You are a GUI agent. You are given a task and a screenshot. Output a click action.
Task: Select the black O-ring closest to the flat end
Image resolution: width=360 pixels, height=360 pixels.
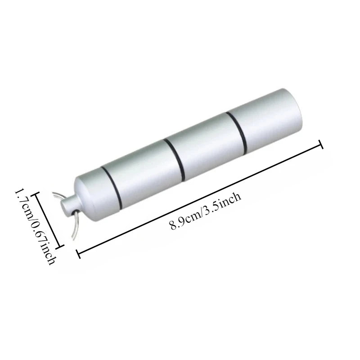237,132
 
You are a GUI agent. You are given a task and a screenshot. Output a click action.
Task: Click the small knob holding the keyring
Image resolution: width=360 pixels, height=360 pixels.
68,203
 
